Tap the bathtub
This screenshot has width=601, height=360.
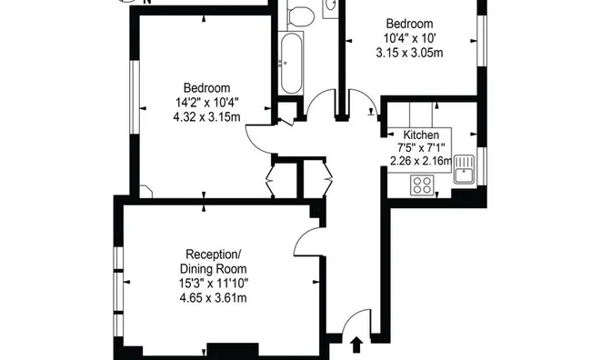(x=291, y=64)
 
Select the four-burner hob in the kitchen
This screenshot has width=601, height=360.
(x=422, y=185)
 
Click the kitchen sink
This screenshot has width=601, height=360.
(x=465, y=169)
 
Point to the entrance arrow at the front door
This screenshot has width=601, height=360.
(x=356, y=345)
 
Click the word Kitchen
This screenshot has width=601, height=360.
(x=421, y=135)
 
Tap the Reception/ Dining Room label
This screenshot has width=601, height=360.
(x=213, y=261)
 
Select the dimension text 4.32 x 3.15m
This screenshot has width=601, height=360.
(x=206, y=116)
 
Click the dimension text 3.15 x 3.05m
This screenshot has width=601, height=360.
(x=409, y=52)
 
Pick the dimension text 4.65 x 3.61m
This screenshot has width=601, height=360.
(x=213, y=297)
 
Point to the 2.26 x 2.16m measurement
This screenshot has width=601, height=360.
(x=421, y=161)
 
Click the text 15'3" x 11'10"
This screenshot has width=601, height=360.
(x=214, y=284)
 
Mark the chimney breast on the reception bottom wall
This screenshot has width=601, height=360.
(x=233, y=350)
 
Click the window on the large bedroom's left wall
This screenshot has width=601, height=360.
(x=134, y=96)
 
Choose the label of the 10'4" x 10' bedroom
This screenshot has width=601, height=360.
(x=409, y=24)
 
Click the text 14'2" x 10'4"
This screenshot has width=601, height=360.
(x=207, y=103)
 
